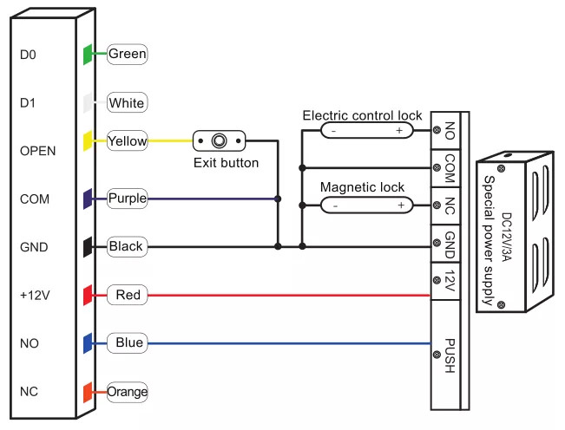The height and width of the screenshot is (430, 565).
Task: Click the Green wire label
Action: click(127, 54)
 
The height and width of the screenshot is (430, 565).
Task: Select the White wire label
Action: click(127, 103)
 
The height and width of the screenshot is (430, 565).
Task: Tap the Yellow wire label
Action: click(127, 140)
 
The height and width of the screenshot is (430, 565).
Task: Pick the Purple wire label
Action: click(127, 199)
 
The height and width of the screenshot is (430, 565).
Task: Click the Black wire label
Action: click(127, 247)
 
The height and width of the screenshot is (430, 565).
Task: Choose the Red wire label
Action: click(127, 296)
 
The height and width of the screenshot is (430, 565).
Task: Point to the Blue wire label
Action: click(127, 343)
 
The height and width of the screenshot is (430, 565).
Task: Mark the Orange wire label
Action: click(127, 392)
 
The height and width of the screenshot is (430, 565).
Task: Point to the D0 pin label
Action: click(27, 54)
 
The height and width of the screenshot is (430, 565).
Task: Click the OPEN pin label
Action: click(37, 150)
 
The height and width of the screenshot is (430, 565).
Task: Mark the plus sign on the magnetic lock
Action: click(400, 205)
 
